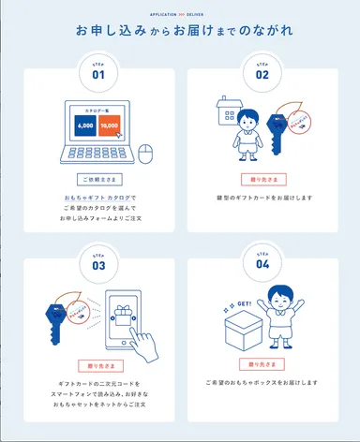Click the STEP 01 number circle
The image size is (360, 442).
98,71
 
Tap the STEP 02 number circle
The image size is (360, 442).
262,71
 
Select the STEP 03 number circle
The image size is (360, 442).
98,262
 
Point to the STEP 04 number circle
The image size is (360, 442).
262,262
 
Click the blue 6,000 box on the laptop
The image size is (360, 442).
85,125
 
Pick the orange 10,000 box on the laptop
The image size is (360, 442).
110,125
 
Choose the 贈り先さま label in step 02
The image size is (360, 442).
262,178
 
